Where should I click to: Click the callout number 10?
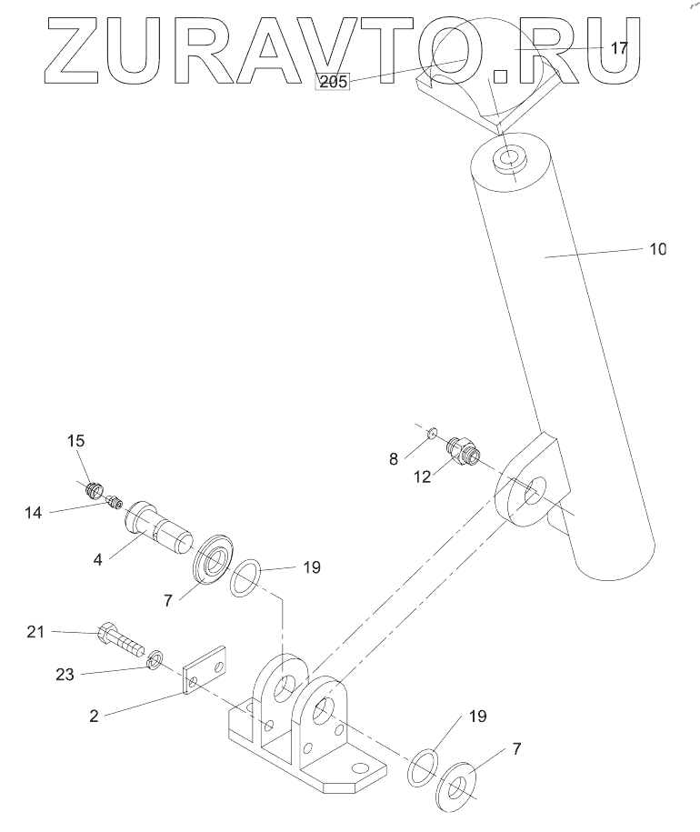coord(657,248)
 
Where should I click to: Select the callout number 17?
coord(619,49)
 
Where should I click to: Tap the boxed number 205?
coord(333,82)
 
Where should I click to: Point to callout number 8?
coord(394,459)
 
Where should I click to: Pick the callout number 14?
coord(34,514)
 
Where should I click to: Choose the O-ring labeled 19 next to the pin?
coord(245,577)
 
